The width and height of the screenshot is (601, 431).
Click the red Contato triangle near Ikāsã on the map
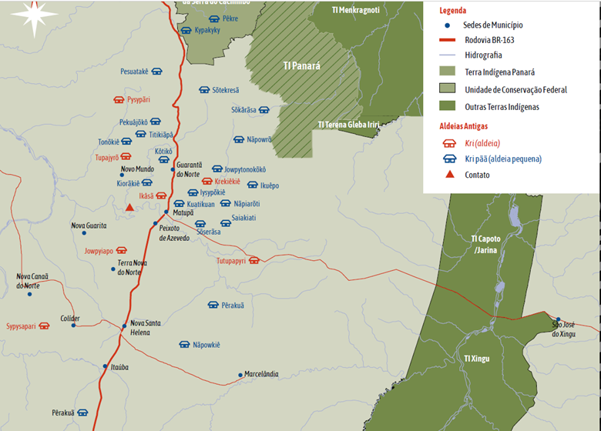point(130,207)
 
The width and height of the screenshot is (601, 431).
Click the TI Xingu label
point(477,359)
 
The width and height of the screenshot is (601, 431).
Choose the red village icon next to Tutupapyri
point(253,261)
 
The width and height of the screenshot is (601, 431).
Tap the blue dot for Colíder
point(73,326)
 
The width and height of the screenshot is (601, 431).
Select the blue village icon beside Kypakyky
point(186,30)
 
